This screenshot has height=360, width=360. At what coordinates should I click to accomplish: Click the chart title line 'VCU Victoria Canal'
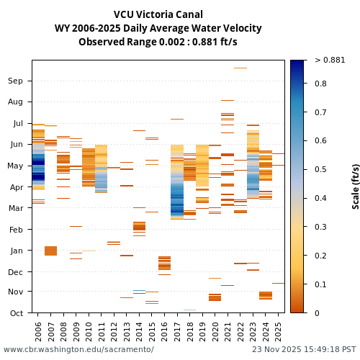(158, 14)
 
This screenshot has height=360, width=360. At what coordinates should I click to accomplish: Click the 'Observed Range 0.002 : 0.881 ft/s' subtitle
(158, 42)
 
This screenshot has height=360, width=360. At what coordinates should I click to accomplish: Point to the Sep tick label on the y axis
(16, 81)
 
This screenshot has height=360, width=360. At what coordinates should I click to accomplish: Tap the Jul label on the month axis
(17, 124)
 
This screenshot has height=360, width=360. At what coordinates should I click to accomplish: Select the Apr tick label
(16, 187)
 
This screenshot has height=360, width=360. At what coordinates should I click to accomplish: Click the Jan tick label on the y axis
(16, 251)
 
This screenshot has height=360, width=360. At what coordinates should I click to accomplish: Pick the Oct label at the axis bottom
(16, 313)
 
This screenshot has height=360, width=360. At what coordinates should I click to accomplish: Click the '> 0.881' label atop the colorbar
(330, 60)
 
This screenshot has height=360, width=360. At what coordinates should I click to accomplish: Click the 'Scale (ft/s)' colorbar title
(355, 186)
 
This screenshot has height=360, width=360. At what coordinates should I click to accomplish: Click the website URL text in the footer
(78, 350)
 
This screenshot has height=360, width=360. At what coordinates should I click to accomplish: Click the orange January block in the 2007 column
(50, 251)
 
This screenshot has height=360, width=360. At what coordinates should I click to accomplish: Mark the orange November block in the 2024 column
(266, 295)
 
